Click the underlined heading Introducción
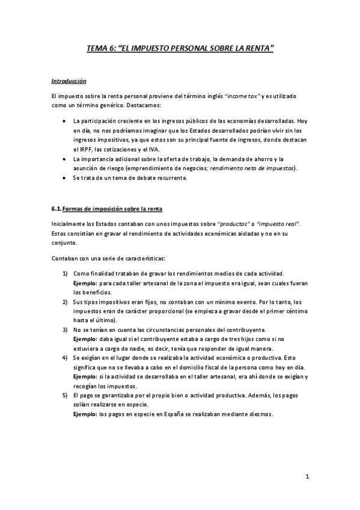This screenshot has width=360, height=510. click(x=69, y=80)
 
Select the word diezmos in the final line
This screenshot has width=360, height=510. click(x=259, y=414)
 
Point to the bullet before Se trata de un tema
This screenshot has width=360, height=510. click(x=65, y=177)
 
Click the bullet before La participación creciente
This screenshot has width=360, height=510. click(x=65, y=120)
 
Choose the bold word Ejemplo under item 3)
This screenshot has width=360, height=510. click(x=85, y=339)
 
